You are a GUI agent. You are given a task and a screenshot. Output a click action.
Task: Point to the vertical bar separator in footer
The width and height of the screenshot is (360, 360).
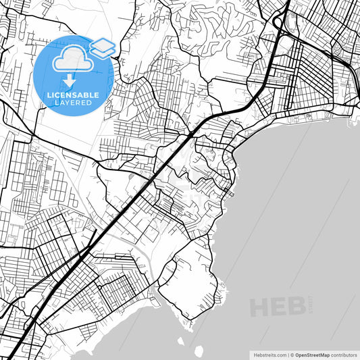pyautogui.click(x=286, y=355)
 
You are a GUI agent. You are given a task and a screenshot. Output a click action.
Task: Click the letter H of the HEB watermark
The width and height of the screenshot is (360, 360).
pyautogui.click(x=260, y=307)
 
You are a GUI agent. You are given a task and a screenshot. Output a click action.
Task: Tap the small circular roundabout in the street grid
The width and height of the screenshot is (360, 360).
pyautogui.click(x=337, y=51)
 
